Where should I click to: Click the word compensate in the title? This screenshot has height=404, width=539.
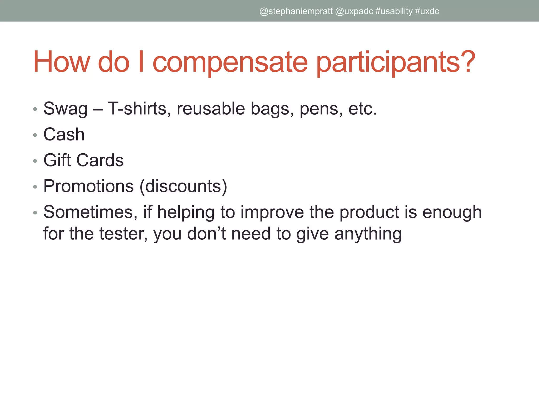point(230,62)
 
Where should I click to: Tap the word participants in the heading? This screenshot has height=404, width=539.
point(396,62)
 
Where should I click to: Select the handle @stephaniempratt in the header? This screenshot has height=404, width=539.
point(296,11)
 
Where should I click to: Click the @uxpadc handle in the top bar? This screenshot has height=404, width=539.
point(354,11)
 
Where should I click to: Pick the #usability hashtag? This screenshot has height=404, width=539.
point(394,11)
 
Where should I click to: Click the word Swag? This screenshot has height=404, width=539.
point(65,109)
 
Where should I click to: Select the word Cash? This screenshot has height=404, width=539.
point(64,134)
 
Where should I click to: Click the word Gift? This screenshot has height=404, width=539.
point(57,160)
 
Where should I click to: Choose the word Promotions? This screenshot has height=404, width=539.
point(89,186)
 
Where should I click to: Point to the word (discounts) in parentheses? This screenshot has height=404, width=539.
point(183,186)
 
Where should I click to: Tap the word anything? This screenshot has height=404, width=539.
point(368,234)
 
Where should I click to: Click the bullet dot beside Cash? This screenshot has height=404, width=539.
point(35,135)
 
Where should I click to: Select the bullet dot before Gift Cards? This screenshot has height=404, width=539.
point(35,161)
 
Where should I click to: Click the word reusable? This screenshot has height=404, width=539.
point(211,109)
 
